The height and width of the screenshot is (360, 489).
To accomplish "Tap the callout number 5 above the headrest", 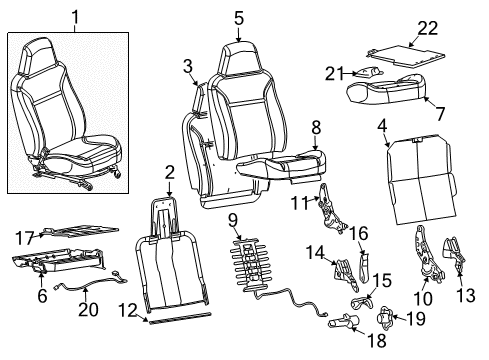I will click(239, 17).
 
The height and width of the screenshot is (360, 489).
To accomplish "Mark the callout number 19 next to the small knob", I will click(416, 319).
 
